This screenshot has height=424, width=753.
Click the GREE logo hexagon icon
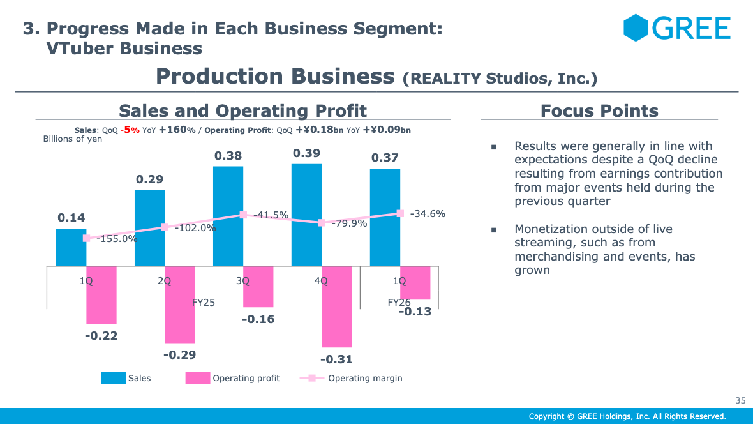click(x=635, y=28)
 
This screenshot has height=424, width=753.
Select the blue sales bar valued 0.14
click(x=71, y=246)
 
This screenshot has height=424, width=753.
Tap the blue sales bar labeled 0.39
click(x=306, y=215)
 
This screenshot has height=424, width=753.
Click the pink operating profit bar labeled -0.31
click(x=337, y=306)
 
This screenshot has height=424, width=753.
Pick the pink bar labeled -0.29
click(x=180, y=304)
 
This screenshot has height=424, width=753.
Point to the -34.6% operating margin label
click(x=427, y=214)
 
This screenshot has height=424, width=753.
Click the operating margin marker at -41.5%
click(x=243, y=215)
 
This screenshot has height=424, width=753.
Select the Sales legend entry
click(x=126, y=378)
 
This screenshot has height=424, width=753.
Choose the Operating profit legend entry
click(x=233, y=378)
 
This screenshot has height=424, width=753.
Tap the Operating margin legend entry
click(x=352, y=378)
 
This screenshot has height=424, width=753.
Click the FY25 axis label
click(x=203, y=302)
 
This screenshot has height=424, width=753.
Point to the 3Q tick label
click(x=242, y=281)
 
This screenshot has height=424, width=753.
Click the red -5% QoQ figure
click(x=131, y=130)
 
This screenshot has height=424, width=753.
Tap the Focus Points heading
click(x=599, y=111)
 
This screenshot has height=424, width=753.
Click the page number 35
click(x=740, y=400)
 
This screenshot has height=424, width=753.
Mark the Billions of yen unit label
click(x=72, y=139)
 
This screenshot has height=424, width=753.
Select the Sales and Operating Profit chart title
click(x=242, y=111)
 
